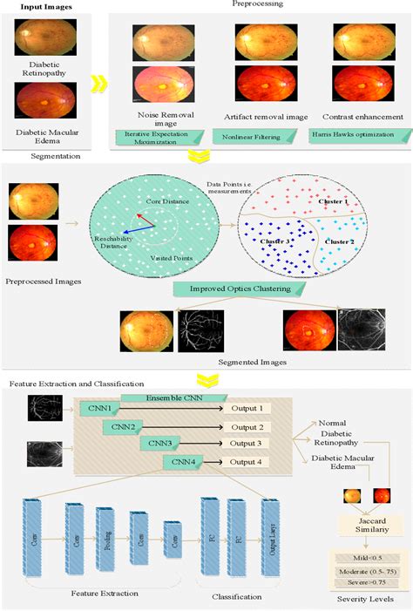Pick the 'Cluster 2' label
pyautogui.click(x=339, y=241)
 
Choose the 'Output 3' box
pyautogui.click(x=247, y=444)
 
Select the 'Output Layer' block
pyautogui.click(x=270, y=533)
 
